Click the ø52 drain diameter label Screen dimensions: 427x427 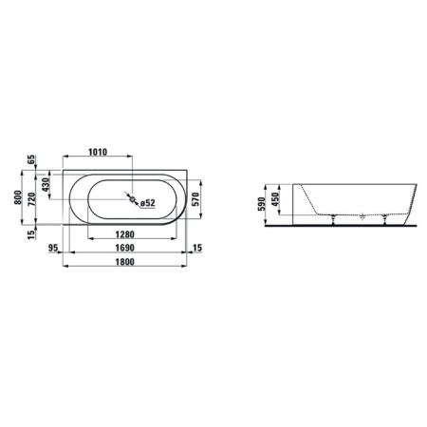tap(147, 202)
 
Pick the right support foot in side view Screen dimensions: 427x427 tap(383, 221)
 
